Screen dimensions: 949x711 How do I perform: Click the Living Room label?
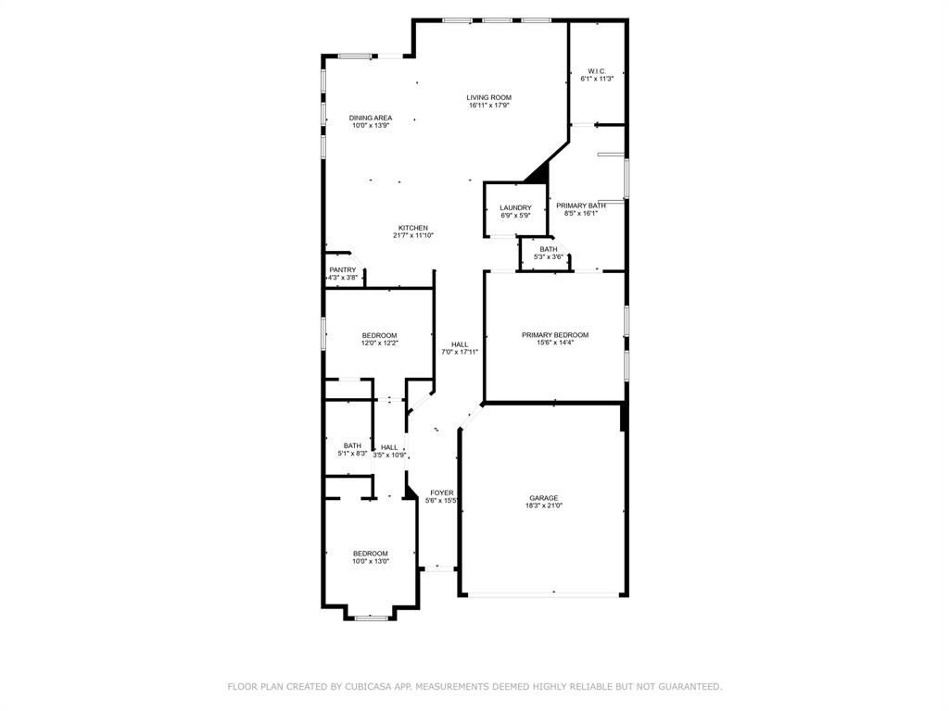pyautogui.click(x=488, y=97)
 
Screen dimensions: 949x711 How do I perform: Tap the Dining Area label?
pyautogui.click(x=371, y=118)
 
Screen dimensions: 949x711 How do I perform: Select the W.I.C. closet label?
pyautogui.click(x=597, y=71)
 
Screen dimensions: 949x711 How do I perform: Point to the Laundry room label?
pyautogui.click(x=515, y=208)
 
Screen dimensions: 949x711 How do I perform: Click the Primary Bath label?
pyautogui.click(x=581, y=206)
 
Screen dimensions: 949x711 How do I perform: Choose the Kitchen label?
pyautogui.click(x=413, y=228)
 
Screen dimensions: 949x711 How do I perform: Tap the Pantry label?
pyautogui.click(x=343, y=270)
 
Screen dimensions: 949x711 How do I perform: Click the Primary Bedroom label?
pyautogui.click(x=555, y=335)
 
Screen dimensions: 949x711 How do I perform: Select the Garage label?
pyautogui.click(x=543, y=498)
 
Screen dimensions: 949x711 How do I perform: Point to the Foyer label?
pyautogui.click(x=442, y=493)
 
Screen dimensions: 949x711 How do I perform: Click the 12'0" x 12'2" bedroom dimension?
pyautogui.click(x=379, y=343)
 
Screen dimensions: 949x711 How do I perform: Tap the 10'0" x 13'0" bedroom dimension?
pyautogui.click(x=371, y=561)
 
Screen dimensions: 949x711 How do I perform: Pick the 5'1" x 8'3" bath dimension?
pyautogui.click(x=352, y=453)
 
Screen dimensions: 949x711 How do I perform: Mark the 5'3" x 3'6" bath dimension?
pyautogui.click(x=549, y=256)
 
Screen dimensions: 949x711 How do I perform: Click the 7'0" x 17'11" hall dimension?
pyautogui.click(x=460, y=352)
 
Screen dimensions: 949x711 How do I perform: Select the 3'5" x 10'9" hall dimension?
pyautogui.click(x=389, y=455)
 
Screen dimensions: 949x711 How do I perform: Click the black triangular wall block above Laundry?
pyautogui.click(x=538, y=172)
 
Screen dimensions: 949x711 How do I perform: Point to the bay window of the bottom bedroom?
pyautogui.click(x=371, y=617)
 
